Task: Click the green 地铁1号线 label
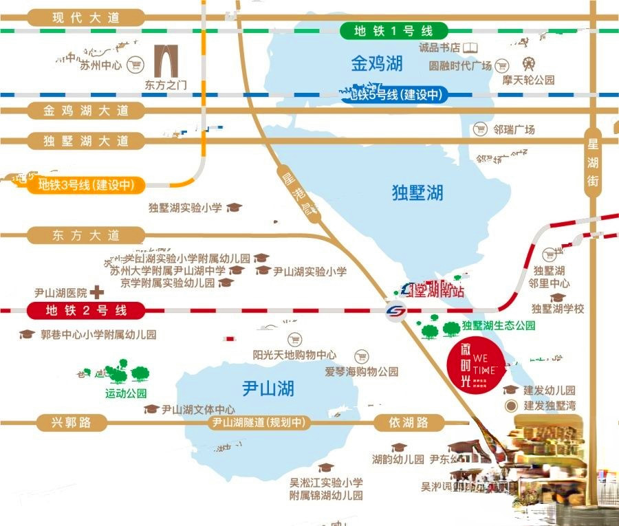[393, 31]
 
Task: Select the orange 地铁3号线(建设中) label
[85, 185]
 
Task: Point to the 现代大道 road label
[86, 18]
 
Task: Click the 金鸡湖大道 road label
[86, 111]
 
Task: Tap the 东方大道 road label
[86, 235]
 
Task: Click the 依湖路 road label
[409, 423]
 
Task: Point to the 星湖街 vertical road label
[593, 163]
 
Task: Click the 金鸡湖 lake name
[376, 65]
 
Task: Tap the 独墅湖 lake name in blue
[417, 193]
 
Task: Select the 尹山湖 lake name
[268, 388]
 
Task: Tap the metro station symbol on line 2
[395, 311]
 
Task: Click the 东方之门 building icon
[166, 62]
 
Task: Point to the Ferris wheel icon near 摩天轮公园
[528, 65]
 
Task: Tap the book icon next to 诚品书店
[471, 48]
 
